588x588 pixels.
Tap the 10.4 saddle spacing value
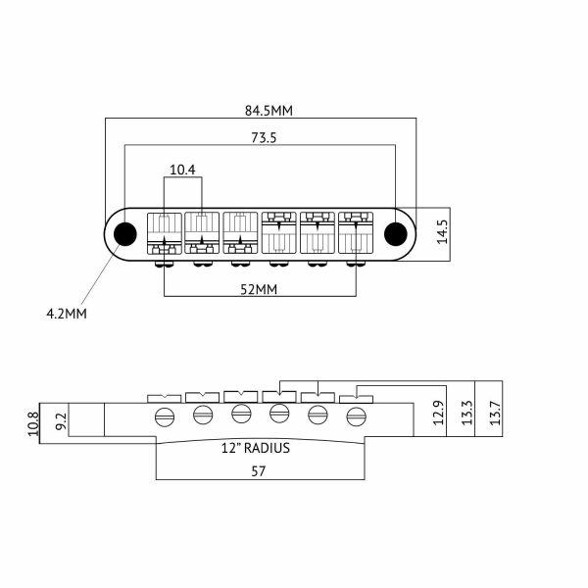pyautogui.click(x=182, y=170)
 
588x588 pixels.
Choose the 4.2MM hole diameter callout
pyautogui.click(x=67, y=314)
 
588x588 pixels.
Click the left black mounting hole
pyautogui.click(x=124, y=234)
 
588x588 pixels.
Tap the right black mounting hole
pyautogui.click(x=395, y=234)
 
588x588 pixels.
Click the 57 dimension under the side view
pyautogui.click(x=260, y=470)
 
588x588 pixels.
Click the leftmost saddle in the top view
pyautogui.click(x=163, y=234)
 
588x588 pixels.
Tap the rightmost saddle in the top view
pyautogui.click(x=355, y=234)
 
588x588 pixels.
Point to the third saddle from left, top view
pyautogui.click(x=239, y=234)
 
